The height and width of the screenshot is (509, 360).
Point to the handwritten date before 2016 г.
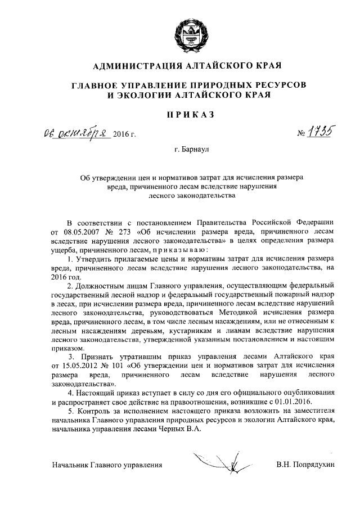tap(76, 133)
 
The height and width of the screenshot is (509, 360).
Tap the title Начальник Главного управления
tap(106, 465)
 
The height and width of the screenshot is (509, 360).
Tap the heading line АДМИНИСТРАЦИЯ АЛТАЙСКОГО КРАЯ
tap(185, 66)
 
